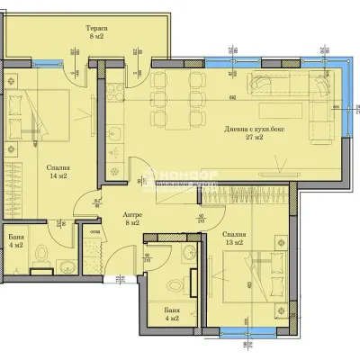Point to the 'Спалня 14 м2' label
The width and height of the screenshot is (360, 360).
click(59, 171)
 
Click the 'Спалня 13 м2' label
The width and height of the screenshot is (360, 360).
click(237, 238)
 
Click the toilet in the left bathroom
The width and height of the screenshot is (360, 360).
click(39, 262)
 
